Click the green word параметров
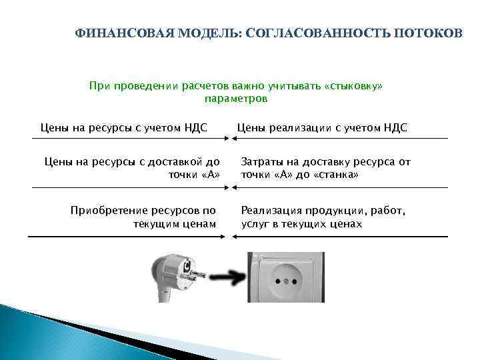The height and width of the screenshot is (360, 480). pyautogui.click(x=236, y=99)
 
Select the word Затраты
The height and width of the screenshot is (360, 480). pyautogui.click(x=262, y=162)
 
